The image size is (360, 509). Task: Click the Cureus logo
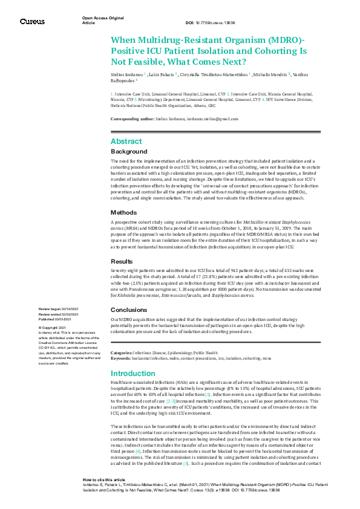pyautogui.click(x=32, y=21)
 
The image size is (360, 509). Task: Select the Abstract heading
pyautogui.click(x=126, y=141)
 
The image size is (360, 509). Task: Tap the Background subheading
pyautogui.click(x=128, y=151)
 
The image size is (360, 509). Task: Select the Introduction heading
pyautogui.click(x=133, y=373)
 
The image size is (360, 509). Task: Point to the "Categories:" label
pyautogui.click(x=122, y=352)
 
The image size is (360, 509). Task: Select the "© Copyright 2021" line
pyautogui.click(x=56, y=327)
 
